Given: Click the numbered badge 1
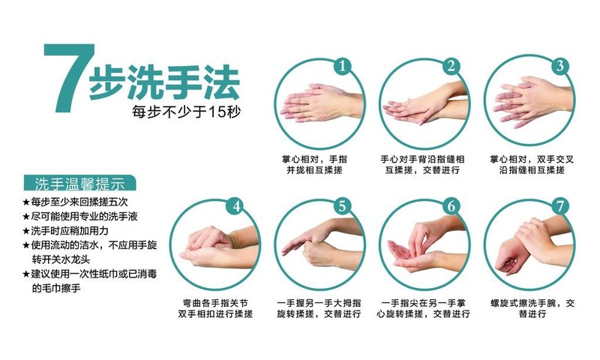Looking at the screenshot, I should (x=342, y=66).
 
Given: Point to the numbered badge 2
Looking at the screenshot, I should (x=450, y=66).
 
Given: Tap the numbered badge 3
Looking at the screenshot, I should (x=559, y=66).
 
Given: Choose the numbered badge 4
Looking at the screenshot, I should (x=235, y=206).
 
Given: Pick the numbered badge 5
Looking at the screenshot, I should (x=342, y=206).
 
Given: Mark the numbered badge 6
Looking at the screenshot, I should (x=450, y=206).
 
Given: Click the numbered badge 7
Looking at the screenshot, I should (x=559, y=206).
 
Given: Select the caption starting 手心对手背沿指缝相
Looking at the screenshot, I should (x=422, y=165).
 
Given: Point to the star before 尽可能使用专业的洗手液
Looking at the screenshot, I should (x=25, y=217).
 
